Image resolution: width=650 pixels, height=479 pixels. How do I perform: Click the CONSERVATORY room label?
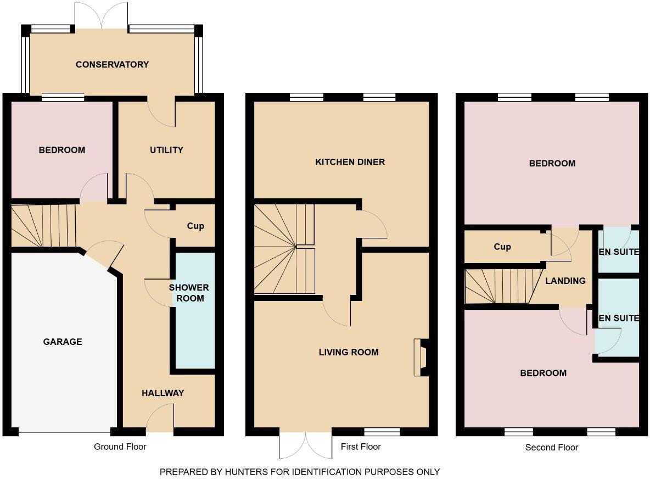112,64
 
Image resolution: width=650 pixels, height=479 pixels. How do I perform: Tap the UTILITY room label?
166,150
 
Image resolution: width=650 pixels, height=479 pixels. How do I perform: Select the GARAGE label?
63,342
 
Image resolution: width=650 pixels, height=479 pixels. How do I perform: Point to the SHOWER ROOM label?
189,293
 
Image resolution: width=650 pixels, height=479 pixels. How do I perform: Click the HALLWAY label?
162,393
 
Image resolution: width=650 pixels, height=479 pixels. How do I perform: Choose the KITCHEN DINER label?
350,162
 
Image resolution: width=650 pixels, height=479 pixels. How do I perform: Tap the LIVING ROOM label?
349,352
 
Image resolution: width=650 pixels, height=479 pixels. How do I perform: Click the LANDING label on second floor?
565,281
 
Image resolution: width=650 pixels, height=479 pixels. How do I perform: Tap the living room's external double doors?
306,444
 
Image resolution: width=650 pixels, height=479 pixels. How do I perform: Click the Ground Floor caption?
120,447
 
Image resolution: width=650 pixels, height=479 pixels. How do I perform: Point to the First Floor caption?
361,447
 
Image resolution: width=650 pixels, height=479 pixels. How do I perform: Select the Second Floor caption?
551,447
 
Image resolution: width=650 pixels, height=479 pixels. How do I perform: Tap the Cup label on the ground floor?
195,226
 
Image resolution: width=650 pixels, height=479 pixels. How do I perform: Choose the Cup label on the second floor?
502,247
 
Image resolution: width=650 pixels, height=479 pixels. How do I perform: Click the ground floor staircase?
43,226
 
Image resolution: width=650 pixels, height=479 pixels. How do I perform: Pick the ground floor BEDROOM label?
61,150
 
